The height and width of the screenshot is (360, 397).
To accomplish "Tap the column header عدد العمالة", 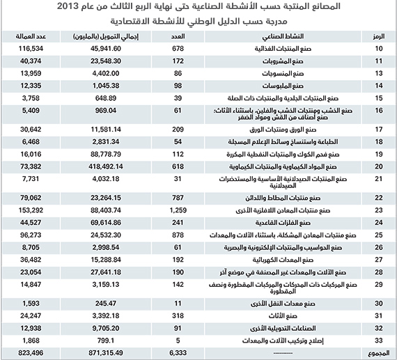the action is [x=26, y=36].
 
